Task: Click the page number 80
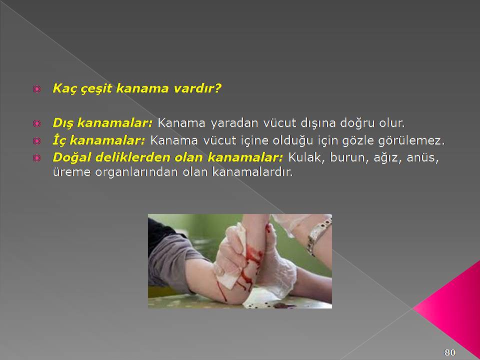click(x=449, y=352)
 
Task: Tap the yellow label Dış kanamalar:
click(x=102, y=123)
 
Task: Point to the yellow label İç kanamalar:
click(x=99, y=140)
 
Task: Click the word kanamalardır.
click(x=252, y=171)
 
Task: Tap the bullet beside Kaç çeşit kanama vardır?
click(x=36, y=89)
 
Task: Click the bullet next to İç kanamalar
click(x=36, y=141)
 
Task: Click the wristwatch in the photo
click(x=318, y=235)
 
